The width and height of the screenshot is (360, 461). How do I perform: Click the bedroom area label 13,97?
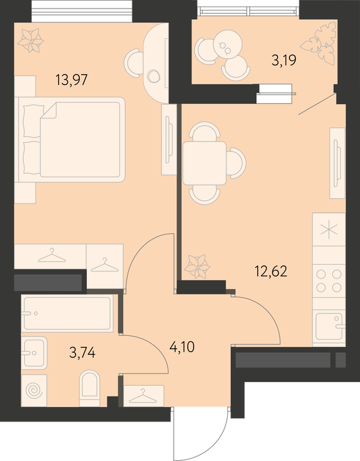point(72,80)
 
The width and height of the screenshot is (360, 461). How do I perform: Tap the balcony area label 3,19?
point(284,61)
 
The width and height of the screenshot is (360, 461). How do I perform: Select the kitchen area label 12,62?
point(270,271)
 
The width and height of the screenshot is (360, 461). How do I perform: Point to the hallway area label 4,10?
point(182,347)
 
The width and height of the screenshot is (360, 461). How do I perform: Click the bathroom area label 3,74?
point(82,352)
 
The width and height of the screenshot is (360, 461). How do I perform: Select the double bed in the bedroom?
point(72,140)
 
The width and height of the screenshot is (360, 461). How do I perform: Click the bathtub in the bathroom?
point(67,313)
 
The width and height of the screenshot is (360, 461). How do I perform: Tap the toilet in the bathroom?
point(90,388)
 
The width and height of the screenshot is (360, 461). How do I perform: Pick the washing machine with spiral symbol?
point(34,391)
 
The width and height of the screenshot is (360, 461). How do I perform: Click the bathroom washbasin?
point(34,353)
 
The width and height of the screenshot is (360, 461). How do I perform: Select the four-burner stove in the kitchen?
point(329,281)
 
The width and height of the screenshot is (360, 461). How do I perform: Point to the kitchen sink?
point(330,327)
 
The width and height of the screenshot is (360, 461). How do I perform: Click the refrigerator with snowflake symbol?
point(329,230)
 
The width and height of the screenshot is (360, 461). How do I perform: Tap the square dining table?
point(205,163)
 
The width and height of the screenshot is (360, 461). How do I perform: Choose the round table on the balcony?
point(228,43)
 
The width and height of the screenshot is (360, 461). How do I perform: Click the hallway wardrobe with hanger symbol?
point(143,396)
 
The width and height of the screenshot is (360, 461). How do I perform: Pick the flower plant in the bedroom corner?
point(30,40)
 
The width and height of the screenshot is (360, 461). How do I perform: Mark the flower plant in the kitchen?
point(197,266)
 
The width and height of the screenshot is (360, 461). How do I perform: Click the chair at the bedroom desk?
point(134,63)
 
